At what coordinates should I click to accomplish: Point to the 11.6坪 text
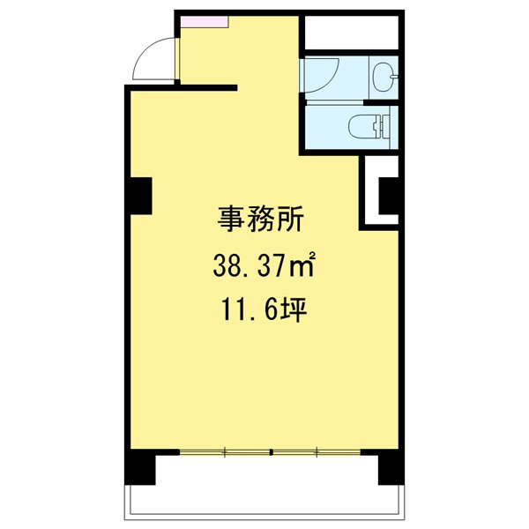[x=262, y=310]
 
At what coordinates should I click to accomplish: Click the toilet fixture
[x=371, y=127]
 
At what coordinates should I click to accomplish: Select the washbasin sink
[x=384, y=77]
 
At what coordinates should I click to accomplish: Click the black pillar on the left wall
[x=138, y=195]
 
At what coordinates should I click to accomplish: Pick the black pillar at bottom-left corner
[x=138, y=468]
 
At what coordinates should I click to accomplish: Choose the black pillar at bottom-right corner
[x=389, y=468]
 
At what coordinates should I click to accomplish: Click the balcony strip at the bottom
[x=264, y=499]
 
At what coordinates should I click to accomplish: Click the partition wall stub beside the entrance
[x=208, y=86]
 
